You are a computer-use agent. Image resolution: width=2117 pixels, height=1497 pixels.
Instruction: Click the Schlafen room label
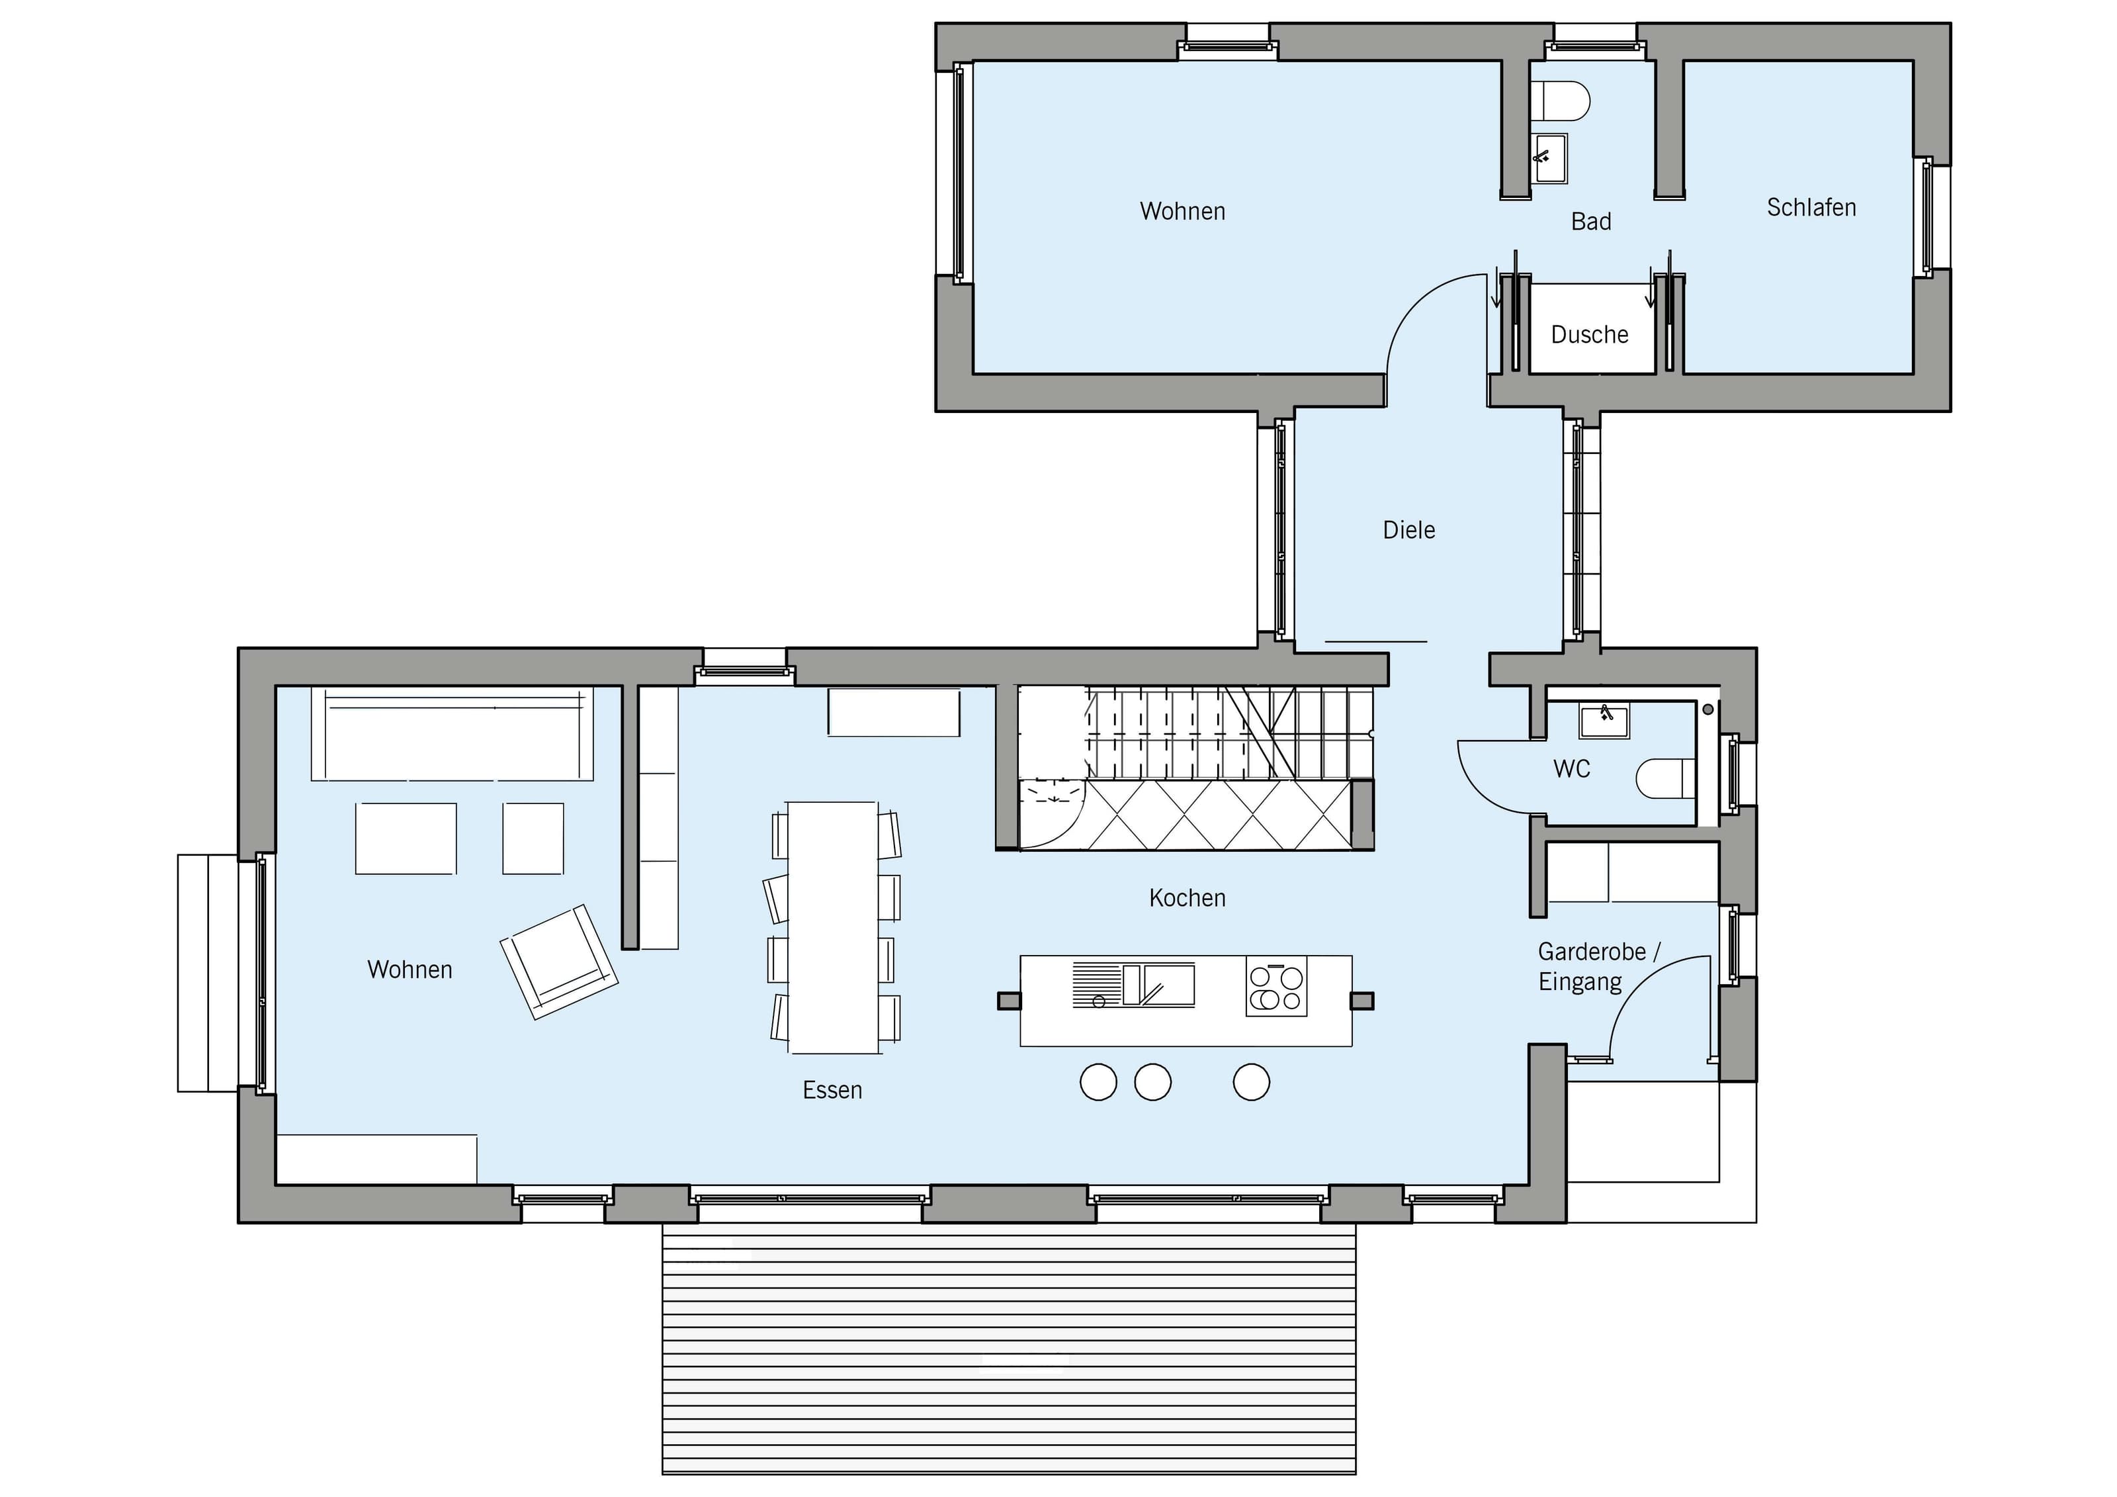pos(1811,208)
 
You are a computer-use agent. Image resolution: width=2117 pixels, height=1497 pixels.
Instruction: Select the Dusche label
pos(1590,334)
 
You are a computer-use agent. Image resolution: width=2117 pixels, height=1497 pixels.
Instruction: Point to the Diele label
pos(1409,530)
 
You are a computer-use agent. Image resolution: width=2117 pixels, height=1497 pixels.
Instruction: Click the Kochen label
pos(1187,897)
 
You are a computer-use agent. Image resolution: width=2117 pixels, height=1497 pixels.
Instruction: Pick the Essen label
pos(833,1090)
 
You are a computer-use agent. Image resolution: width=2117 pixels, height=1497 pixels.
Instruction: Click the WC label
pos(1571,769)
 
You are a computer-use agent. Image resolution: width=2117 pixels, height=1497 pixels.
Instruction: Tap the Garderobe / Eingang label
pos(1598,967)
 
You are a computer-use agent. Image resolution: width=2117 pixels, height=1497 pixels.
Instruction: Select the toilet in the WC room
pos(1666,778)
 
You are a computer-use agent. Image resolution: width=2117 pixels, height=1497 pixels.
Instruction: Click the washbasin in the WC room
pos(1604,720)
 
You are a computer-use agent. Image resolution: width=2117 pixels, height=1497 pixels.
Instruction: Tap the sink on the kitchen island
pos(1158,984)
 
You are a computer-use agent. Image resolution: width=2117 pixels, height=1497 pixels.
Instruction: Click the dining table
pos(833,927)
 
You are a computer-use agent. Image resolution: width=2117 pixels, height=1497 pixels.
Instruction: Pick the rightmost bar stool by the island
pos(1251,1082)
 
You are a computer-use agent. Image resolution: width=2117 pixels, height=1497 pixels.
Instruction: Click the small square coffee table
pos(533,839)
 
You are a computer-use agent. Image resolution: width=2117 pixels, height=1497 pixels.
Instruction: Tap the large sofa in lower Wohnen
pos(452,734)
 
